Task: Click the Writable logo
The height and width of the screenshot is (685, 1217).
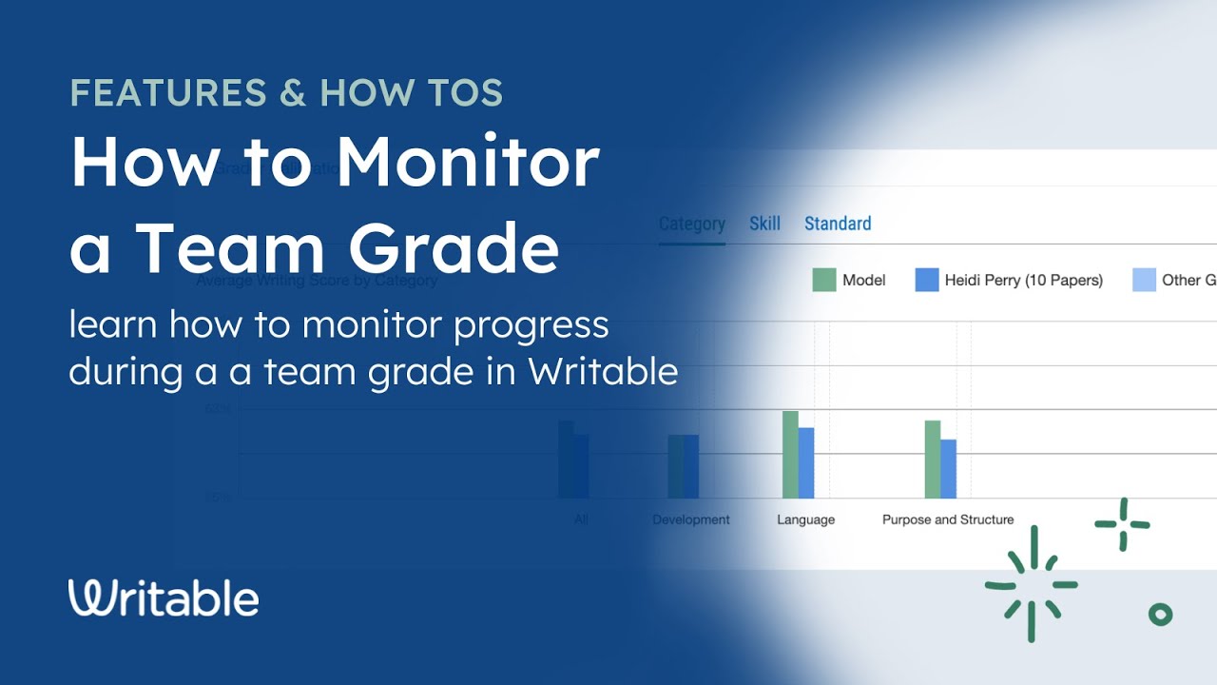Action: [164, 597]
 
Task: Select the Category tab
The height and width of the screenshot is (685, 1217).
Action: [691, 224]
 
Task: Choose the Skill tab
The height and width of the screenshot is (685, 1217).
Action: [764, 224]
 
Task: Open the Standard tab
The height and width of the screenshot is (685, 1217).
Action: [838, 224]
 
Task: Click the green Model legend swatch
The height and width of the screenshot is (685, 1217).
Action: [823, 280]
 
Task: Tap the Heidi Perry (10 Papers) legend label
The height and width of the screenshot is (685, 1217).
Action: [1023, 280]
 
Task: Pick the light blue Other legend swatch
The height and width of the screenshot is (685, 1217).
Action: [1144, 280]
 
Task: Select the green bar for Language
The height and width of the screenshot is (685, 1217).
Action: [790, 454]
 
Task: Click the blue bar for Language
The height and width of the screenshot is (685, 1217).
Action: [806, 462]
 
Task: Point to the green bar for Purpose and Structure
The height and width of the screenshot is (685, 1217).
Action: [932, 459]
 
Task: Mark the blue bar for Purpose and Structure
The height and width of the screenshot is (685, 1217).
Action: [948, 468]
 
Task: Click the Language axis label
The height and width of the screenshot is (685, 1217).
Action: [805, 519]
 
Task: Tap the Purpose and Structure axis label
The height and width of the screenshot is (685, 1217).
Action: [947, 519]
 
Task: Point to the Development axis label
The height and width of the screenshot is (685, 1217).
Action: [690, 519]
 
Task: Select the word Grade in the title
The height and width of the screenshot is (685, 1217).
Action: [454, 246]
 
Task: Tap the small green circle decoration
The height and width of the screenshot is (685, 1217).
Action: [1160, 615]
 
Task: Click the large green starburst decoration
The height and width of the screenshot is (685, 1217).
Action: [1032, 584]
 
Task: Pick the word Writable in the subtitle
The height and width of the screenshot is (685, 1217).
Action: [603, 371]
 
